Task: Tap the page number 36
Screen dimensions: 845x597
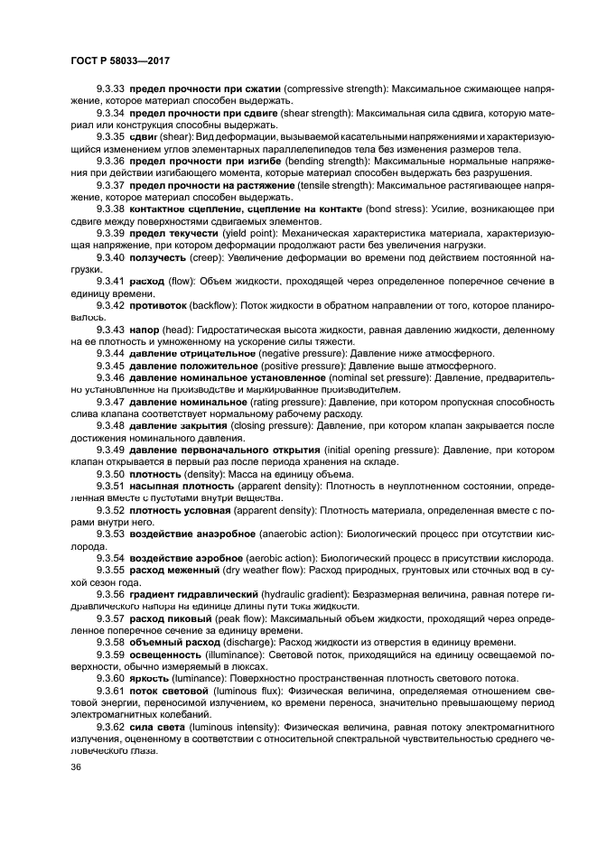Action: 76,767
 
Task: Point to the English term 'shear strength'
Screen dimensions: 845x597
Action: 319,114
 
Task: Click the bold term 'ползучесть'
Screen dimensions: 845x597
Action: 164,257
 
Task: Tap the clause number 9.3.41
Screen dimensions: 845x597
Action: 111,282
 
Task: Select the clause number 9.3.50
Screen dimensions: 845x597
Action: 111,473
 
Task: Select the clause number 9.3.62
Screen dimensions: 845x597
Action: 111,726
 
